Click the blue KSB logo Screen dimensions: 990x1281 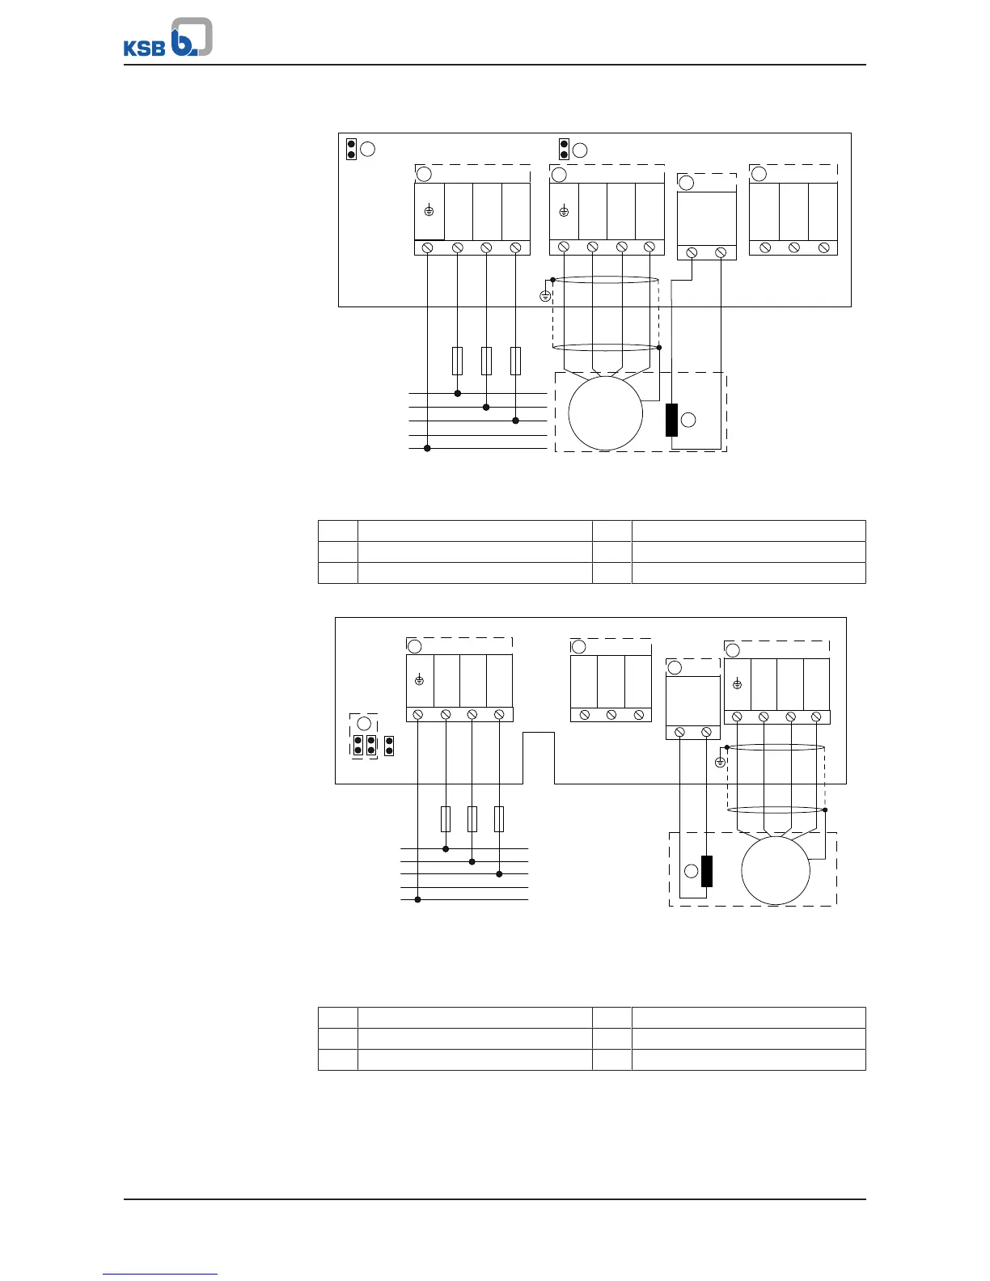(x=168, y=37)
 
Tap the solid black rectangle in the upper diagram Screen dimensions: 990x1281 (x=671, y=420)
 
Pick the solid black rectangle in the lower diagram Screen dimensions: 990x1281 (x=706, y=871)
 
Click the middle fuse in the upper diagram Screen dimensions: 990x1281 (x=486, y=361)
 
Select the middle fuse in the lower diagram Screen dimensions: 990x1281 (x=472, y=819)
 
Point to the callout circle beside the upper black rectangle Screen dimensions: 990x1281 (x=688, y=420)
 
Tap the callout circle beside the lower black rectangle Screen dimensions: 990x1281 (x=691, y=871)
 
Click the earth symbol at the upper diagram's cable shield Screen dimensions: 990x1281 (x=545, y=296)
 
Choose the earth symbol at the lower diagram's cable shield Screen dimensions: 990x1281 (x=720, y=763)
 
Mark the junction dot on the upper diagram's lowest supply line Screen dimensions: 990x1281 (x=428, y=449)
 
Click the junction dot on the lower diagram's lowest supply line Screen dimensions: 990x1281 (x=417, y=899)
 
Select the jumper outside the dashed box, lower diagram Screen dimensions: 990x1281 (x=388, y=746)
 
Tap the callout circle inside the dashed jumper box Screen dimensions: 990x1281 (x=365, y=723)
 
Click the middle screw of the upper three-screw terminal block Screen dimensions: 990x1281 (x=794, y=247)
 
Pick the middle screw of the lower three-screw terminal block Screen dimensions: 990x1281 (x=611, y=715)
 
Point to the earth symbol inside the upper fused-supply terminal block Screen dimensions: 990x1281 (x=429, y=210)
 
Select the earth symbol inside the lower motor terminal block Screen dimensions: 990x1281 (x=737, y=684)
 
